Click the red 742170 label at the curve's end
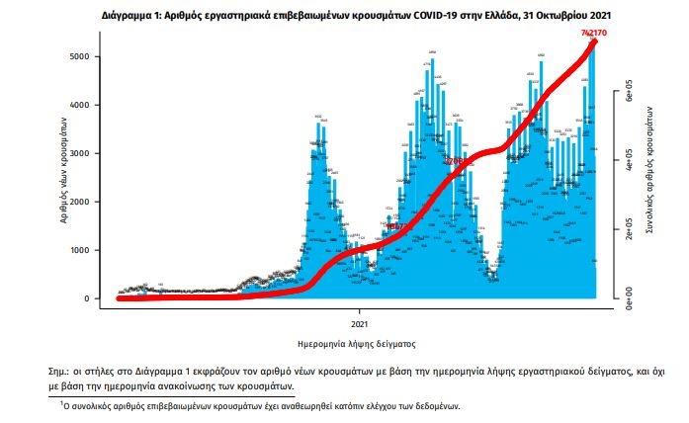point(593,34)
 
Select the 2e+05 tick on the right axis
point(625,229)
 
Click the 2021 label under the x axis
point(360,323)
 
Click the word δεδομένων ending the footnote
point(432,405)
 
